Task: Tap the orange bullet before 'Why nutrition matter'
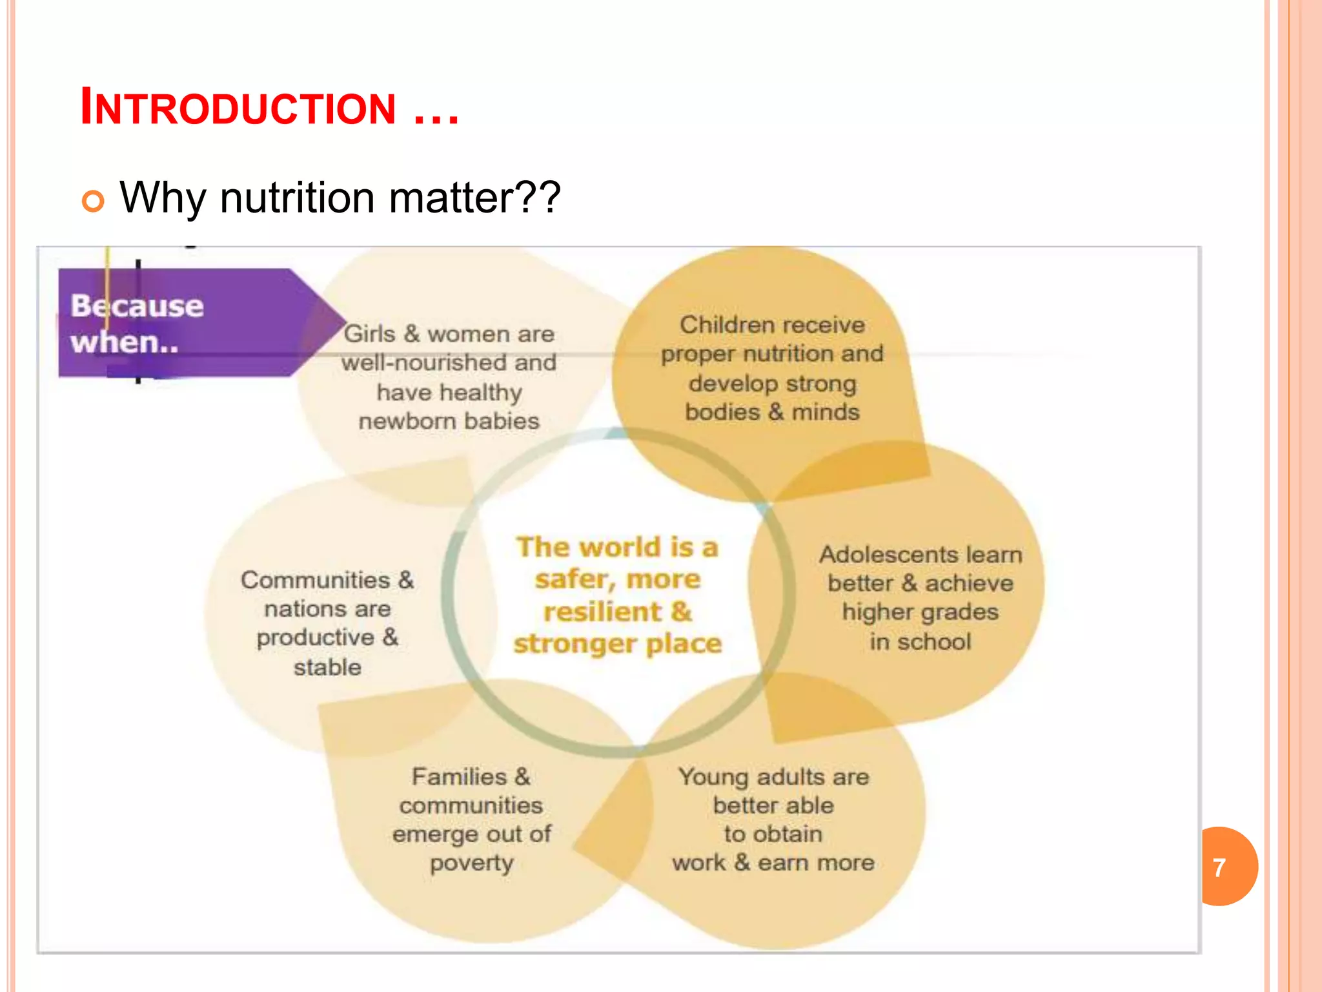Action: coord(93,201)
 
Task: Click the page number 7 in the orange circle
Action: coord(1219,867)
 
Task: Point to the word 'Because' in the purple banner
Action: coord(137,305)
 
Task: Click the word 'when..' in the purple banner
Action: coord(125,342)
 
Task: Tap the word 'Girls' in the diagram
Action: coord(369,334)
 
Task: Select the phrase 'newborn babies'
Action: coord(449,421)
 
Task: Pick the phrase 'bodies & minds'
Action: coord(772,412)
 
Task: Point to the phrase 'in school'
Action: coord(920,642)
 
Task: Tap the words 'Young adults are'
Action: coord(773,777)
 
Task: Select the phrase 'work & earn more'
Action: coord(773,863)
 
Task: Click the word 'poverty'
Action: coord(471,863)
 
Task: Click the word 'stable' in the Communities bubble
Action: coord(327,667)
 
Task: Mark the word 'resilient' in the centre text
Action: coord(602,612)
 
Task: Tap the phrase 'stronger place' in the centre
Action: coord(617,644)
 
